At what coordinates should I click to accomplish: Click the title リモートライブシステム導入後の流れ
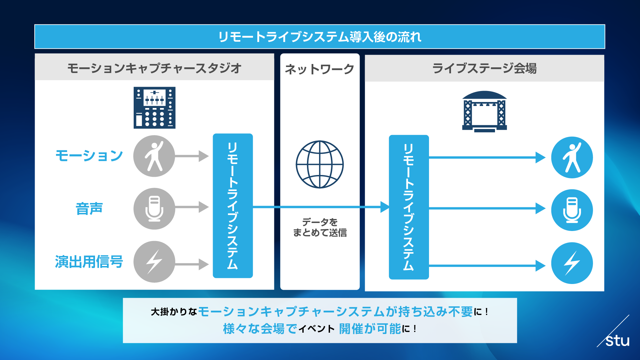(x=320, y=37)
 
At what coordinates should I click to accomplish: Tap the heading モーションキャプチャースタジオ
(x=154, y=68)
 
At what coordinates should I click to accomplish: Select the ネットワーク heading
(x=319, y=69)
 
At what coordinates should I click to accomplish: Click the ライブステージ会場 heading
(x=484, y=68)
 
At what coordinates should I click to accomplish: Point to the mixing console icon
(x=154, y=108)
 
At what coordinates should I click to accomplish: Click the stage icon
(x=484, y=111)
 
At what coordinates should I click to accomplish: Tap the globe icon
(x=320, y=164)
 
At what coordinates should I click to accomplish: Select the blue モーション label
(x=89, y=156)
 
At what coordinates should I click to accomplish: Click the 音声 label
(x=89, y=209)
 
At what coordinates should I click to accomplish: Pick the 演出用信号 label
(x=89, y=262)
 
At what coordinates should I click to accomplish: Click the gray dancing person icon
(x=154, y=156)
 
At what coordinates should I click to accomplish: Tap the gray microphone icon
(x=154, y=209)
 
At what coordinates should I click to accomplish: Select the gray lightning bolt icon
(x=154, y=262)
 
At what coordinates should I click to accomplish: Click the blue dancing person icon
(x=572, y=157)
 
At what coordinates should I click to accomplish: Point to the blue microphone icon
(x=572, y=210)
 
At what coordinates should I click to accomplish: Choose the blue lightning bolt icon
(x=572, y=263)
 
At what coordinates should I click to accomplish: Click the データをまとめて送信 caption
(x=320, y=227)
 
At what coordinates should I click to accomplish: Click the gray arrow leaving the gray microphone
(x=192, y=207)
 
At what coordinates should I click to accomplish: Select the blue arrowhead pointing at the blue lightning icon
(x=540, y=266)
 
